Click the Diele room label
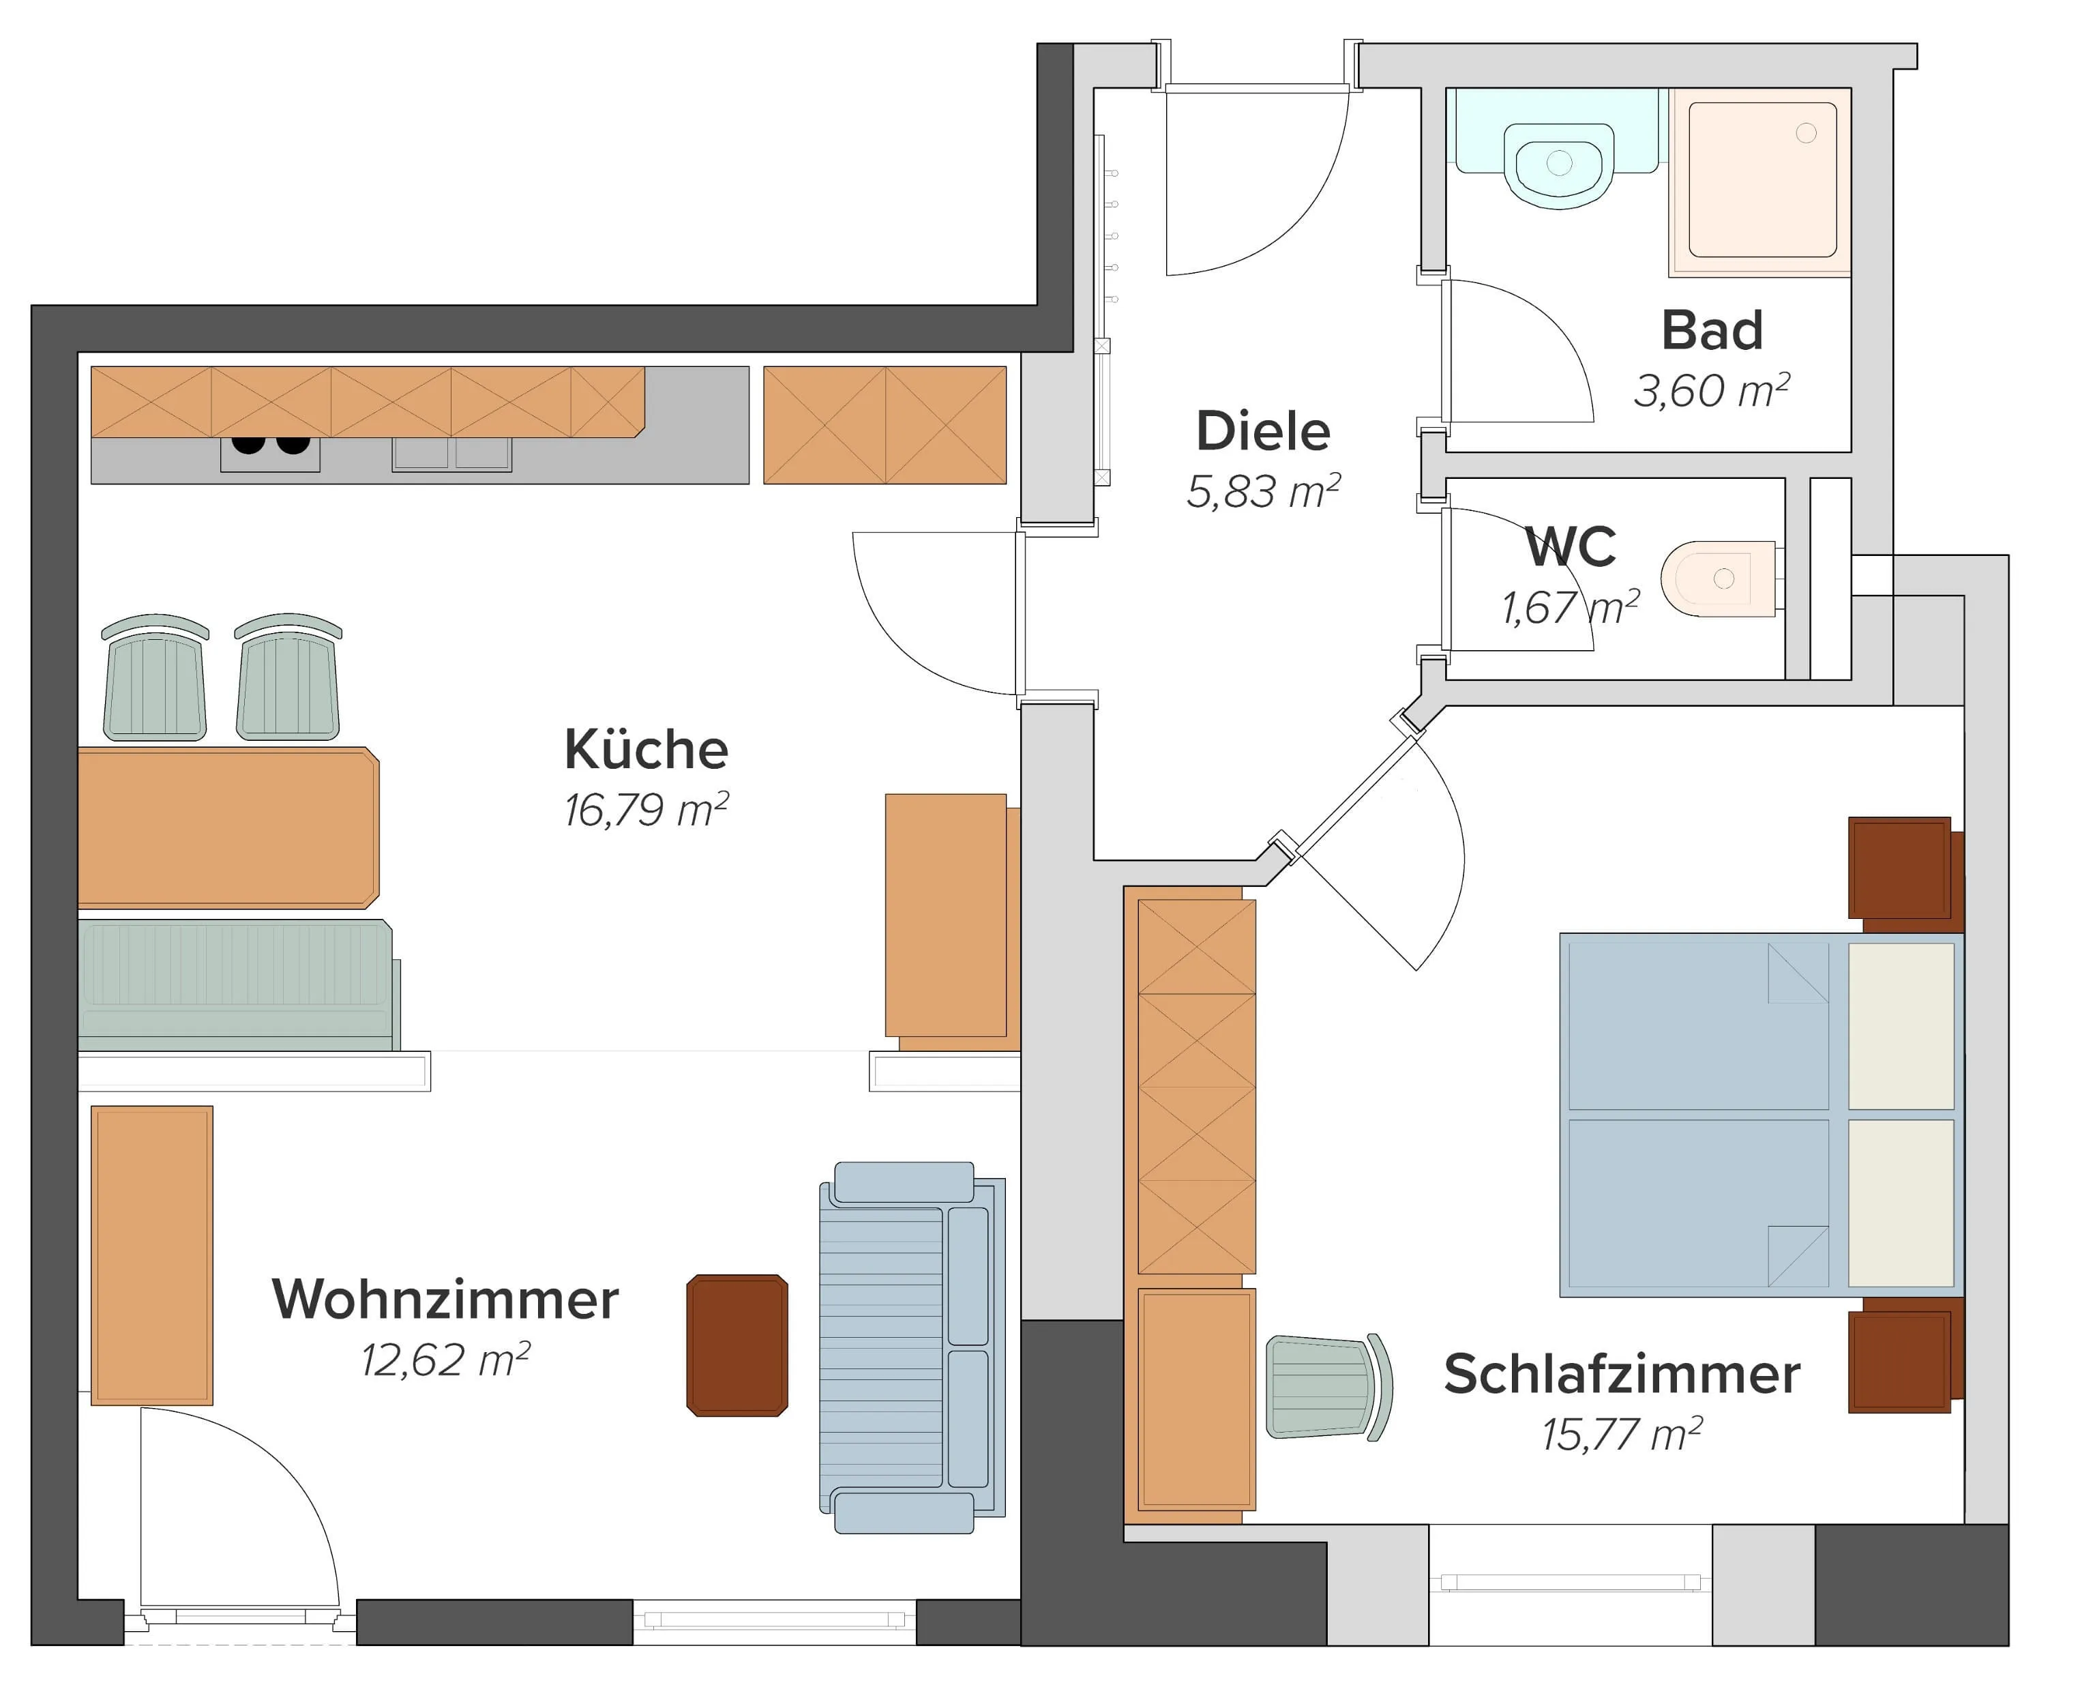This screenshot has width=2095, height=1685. click(x=1262, y=430)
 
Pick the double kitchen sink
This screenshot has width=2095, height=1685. click(x=452, y=454)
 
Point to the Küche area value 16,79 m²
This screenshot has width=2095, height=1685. click(x=647, y=810)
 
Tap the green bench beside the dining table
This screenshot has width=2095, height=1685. click(x=238, y=984)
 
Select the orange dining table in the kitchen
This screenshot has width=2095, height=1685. click(x=228, y=828)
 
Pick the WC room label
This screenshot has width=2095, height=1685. click(x=1571, y=546)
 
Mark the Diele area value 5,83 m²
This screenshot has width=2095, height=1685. click(x=1263, y=492)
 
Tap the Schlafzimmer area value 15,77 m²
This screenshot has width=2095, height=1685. click(x=1622, y=1434)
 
